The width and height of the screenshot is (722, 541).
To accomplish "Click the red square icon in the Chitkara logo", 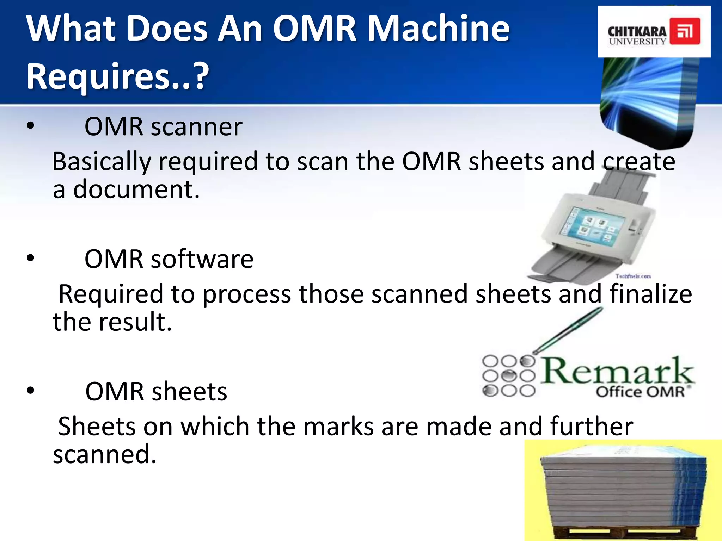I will (x=685, y=31).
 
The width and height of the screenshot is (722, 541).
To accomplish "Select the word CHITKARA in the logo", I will (x=637, y=31).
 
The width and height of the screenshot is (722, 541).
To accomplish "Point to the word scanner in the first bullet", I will (x=196, y=127).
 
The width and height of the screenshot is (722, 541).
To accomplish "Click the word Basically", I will (x=102, y=162).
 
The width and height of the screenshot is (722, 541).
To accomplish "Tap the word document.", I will (x=136, y=189).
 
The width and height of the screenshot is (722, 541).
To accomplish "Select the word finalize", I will (x=651, y=294).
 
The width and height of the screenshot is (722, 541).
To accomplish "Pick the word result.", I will (x=135, y=322).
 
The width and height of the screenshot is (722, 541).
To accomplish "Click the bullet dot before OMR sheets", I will (x=31, y=391).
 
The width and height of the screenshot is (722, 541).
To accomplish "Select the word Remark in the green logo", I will (x=617, y=372).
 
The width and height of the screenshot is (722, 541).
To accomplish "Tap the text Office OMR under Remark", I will (x=640, y=392).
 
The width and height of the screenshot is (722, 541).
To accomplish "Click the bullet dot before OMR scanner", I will (x=31, y=126).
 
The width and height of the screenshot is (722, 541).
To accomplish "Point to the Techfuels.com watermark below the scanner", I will (x=633, y=276).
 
